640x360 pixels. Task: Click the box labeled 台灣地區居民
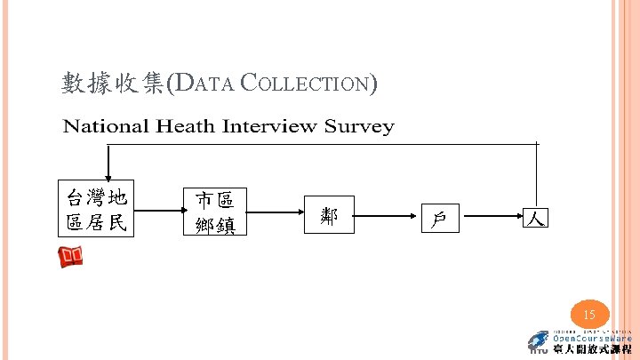(x=98, y=210)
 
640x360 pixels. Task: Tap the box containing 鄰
(x=329, y=214)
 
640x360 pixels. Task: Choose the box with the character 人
(x=535, y=216)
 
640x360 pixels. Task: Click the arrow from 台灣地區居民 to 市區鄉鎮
(x=157, y=212)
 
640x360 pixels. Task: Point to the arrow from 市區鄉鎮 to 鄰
(x=276, y=213)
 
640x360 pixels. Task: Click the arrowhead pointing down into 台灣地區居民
(x=108, y=175)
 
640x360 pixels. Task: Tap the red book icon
(x=71, y=258)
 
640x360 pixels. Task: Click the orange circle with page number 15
(x=588, y=315)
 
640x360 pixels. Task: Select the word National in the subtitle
(x=106, y=126)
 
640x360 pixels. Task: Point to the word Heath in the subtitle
(x=187, y=126)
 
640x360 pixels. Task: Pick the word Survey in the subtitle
(x=359, y=126)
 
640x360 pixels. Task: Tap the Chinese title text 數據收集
(x=113, y=84)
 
